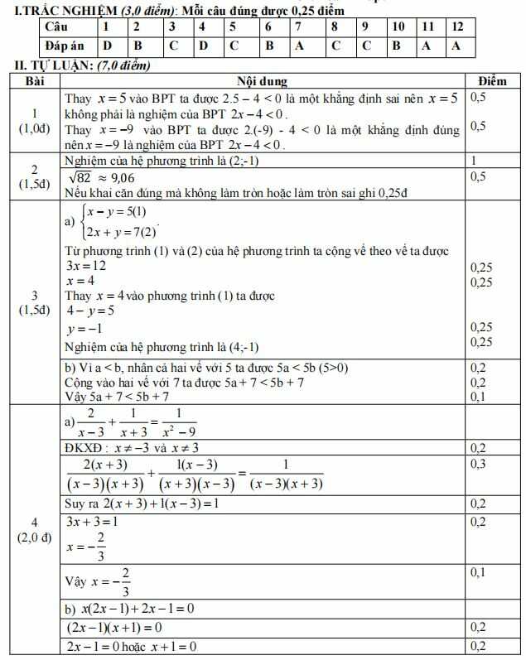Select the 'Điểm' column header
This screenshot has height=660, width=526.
click(x=492, y=81)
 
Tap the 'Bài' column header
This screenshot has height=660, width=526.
click(x=34, y=81)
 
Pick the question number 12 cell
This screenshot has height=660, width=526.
click(x=457, y=26)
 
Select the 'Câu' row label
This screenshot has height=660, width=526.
click(x=56, y=26)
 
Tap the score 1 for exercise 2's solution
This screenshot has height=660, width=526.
click(x=473, y=161)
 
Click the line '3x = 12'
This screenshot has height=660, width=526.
click(x=85, y=266)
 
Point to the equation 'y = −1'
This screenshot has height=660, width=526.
click(x=83, y=329)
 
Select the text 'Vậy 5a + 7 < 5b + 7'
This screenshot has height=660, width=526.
click(x=123, y=397)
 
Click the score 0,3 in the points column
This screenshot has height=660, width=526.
click(x=479, y=465)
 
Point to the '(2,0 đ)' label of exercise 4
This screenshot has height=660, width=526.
click(x=34, y=537)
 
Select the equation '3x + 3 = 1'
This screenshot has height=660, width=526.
click(x=92, y=522)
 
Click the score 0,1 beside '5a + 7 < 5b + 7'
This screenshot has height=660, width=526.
click(x=479, y=397)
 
